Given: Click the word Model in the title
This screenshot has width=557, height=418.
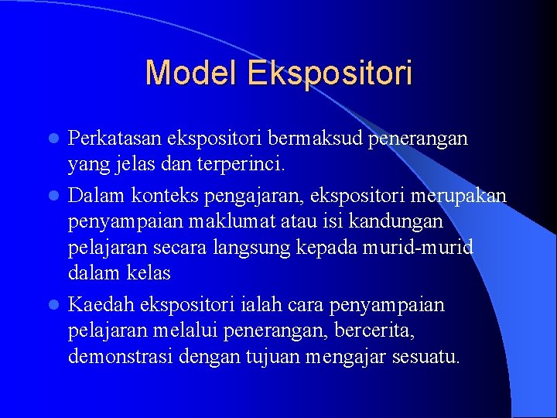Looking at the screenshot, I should coord(193,74).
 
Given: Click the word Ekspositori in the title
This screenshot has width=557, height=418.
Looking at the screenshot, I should coord(330,74).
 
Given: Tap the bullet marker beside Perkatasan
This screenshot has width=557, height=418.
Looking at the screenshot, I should coord(53,139).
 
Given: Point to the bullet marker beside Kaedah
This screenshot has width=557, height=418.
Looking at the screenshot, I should coord(53,305).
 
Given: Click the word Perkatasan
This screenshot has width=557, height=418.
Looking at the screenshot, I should coord(114,139).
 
